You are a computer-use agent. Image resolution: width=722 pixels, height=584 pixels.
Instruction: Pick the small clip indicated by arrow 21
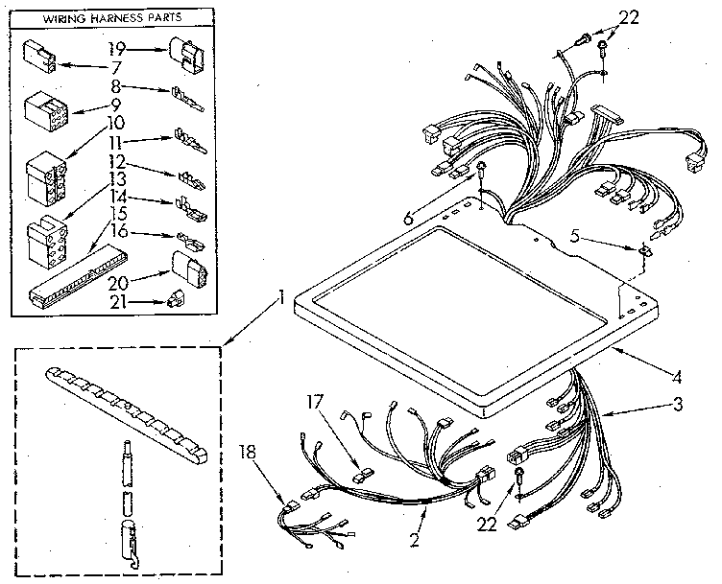[x=175, y=298]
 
